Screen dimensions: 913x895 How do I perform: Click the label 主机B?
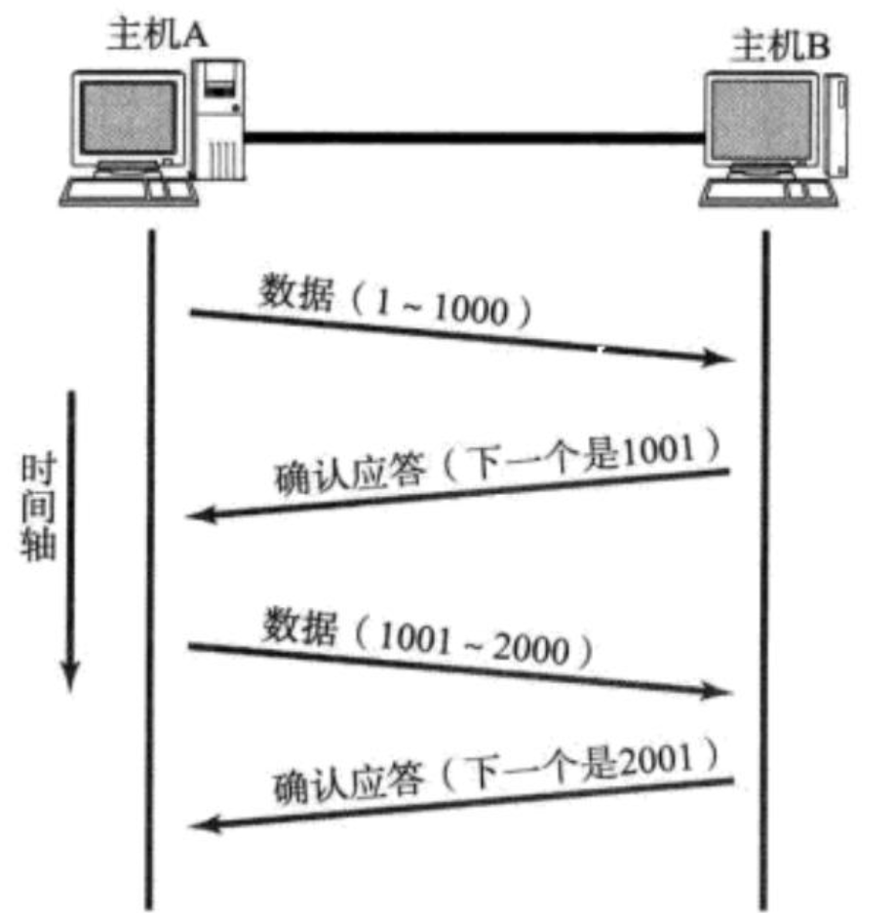point(779,46)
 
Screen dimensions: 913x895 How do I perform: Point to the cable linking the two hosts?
point(473,139)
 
